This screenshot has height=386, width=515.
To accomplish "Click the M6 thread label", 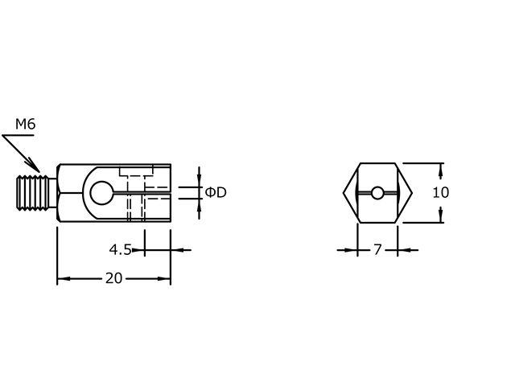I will coord(26,124).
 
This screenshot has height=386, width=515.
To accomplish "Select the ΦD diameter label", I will coord(216,193).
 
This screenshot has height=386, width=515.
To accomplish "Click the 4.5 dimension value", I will coord(120,250).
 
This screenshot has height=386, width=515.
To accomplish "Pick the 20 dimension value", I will coord(113,279).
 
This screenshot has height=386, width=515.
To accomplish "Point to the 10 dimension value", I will coord(440,193).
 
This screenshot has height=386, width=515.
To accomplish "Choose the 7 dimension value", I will coord(377,250).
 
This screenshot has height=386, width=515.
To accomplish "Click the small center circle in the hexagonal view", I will coord(377,193).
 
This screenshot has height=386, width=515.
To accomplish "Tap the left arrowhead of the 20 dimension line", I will coord(61,279).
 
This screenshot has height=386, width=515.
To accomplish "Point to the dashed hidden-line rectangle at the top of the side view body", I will coord(136,171).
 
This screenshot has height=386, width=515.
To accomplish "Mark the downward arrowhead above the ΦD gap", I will coord(199,183).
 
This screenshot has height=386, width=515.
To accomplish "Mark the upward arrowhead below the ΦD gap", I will coord(199,203).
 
